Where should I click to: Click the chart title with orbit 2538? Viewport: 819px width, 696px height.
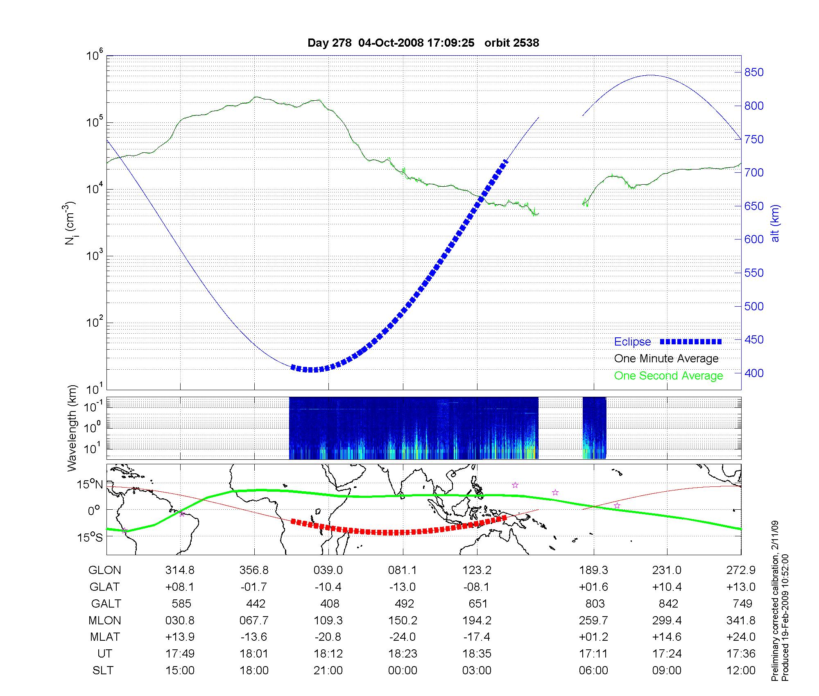click(423, 43)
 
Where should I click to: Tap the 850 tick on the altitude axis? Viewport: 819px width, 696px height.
click(754, 72)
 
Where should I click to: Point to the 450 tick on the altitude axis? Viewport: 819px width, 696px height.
click(754, 340)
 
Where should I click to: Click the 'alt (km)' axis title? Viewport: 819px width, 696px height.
click(775, 223)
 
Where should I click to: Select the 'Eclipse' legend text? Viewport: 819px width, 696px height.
click(632, 342)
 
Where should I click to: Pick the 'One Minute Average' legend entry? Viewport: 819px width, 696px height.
click(666, 359)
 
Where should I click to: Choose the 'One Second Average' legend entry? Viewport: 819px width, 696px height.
click(668, 376)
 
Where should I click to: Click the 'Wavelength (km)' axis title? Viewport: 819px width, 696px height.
click(72, 428)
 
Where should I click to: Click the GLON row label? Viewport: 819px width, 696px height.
click(105, 570)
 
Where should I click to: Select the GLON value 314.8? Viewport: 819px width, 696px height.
click(180, 570)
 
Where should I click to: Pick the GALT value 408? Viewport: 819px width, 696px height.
click(330, 604)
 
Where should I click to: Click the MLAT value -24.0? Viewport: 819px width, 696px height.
click(403, 637)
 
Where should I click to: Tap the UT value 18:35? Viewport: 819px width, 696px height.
click(477, 654)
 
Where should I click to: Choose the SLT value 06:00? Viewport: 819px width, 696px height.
click(593, 671)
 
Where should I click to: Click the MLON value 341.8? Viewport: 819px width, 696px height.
click(741, 621)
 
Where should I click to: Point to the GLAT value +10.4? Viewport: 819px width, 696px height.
click(667, 587)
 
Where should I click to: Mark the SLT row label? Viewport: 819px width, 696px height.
click(103, 671)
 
